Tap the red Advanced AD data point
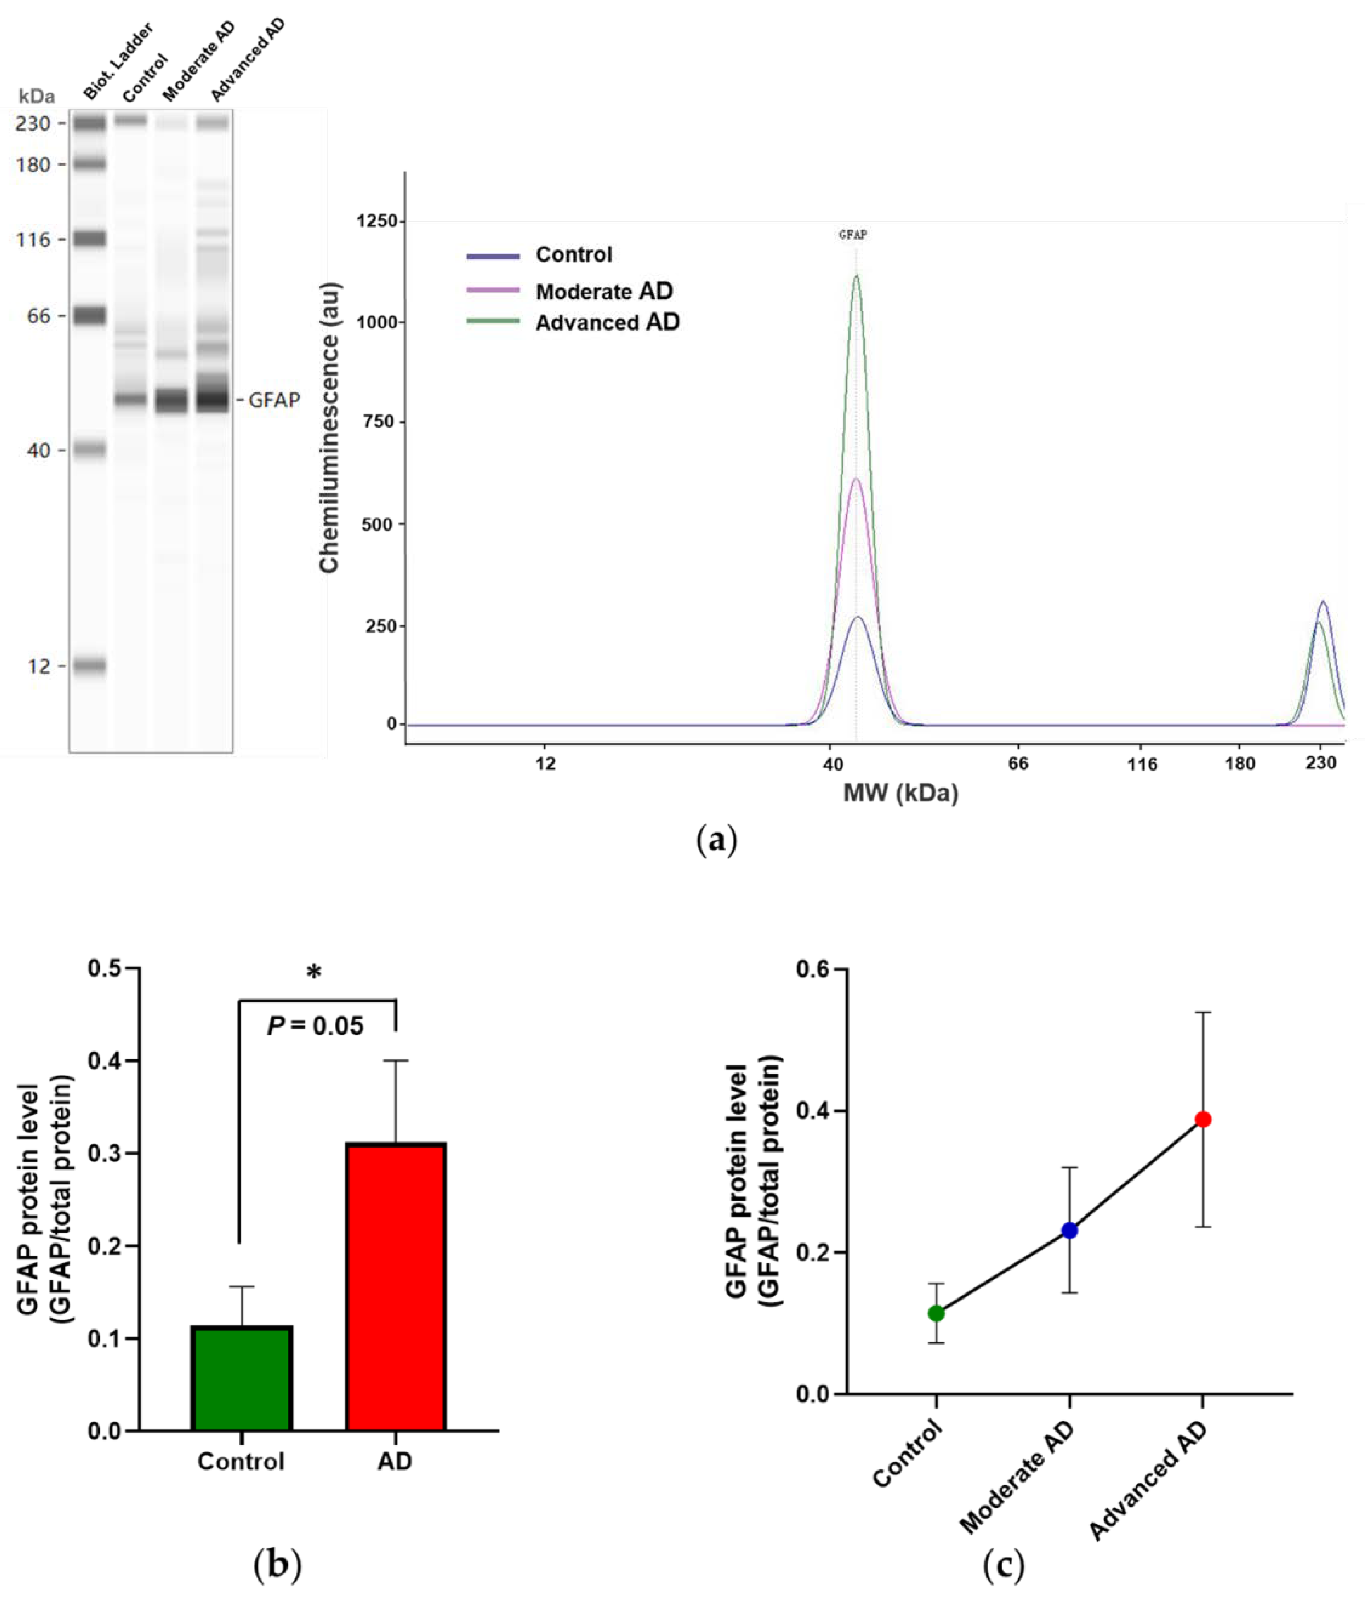1202,1119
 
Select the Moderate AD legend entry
604,291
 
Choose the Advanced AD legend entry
607,323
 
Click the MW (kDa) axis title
900,793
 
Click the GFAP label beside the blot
274,400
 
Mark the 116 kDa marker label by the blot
33,240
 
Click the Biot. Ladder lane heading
118,61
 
